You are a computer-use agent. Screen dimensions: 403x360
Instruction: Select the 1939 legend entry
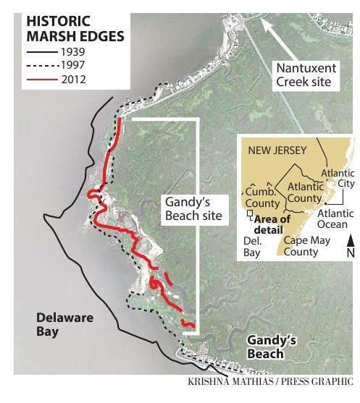click(x=72, y=52)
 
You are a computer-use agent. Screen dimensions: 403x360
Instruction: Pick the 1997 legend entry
click(x=72, y=66)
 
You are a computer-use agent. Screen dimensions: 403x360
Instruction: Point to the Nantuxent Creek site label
click(x=304, y=75)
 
